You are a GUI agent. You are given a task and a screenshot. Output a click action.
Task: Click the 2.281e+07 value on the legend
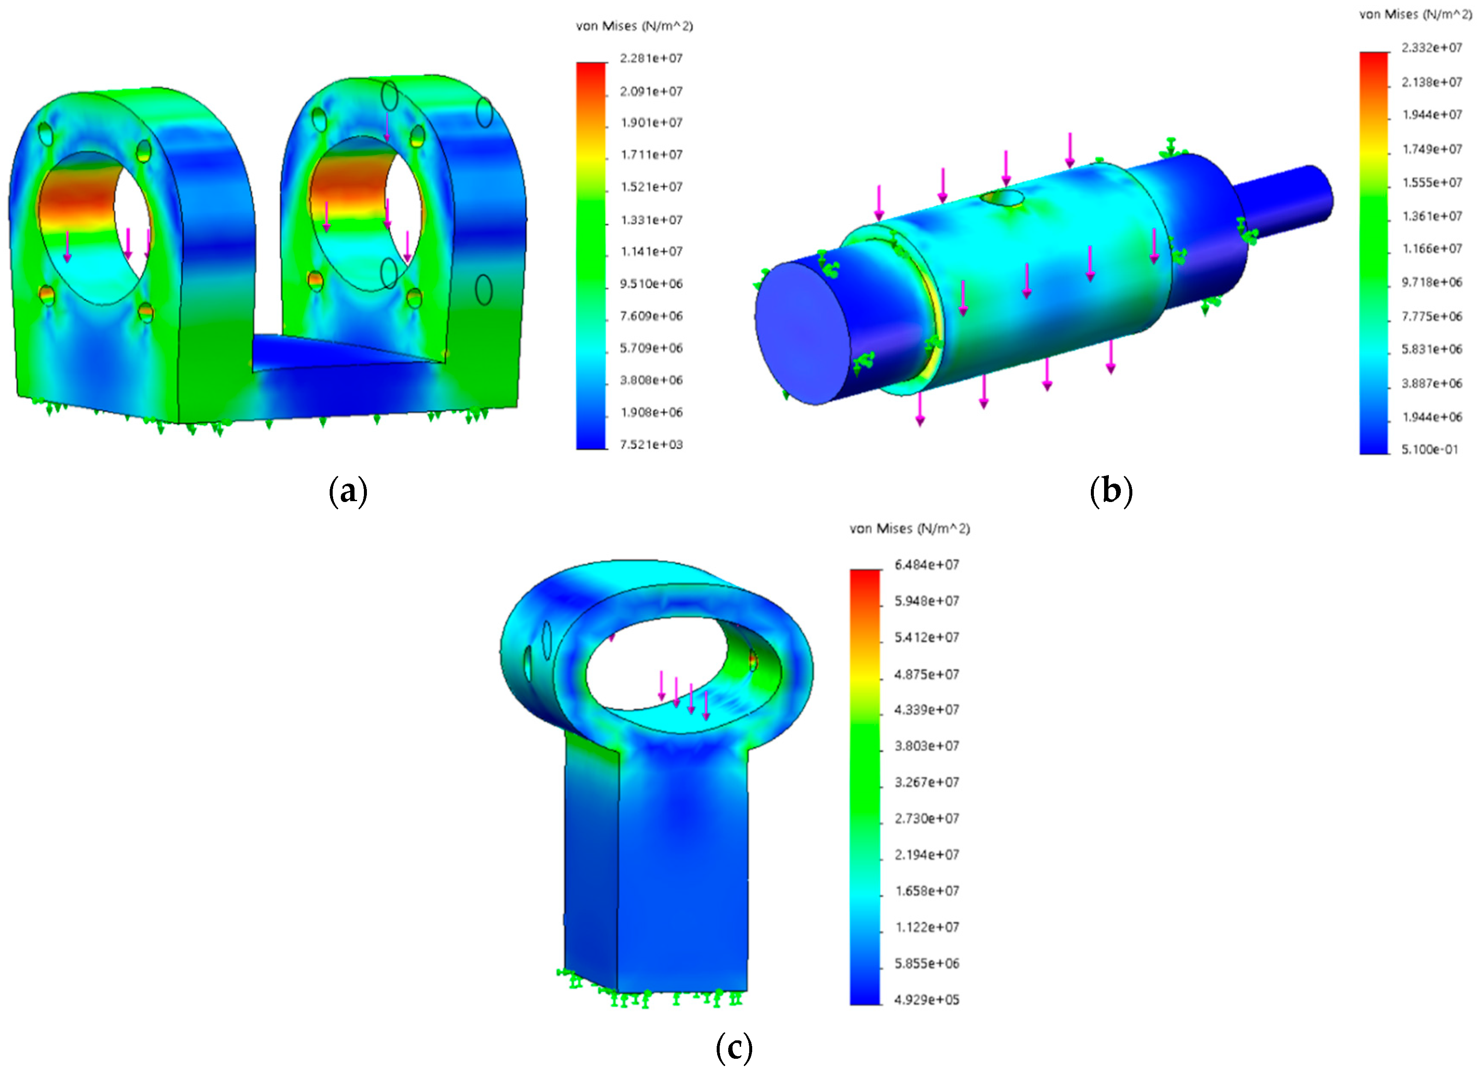click(650, 59)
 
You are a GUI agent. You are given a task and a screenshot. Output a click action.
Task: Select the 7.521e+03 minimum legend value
click(650, 444)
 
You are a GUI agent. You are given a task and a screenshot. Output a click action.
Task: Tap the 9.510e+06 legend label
click(650, 284)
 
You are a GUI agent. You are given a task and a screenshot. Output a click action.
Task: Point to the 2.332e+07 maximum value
click(1432, 47)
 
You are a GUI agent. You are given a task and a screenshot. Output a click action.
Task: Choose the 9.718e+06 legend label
click(1432, 282)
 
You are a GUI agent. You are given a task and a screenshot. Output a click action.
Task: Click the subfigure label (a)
click(348, 491)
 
